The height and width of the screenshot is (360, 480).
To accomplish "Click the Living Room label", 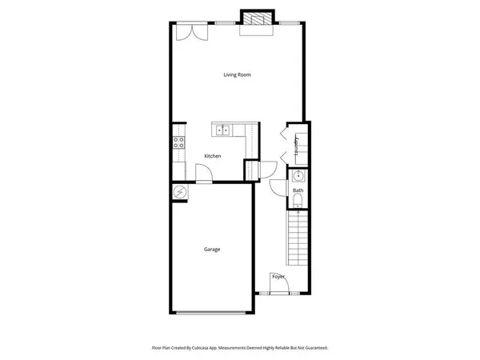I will click(237, 74).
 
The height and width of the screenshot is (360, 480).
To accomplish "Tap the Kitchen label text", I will click(212, 156).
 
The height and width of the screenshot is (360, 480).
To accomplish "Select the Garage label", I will click(211, 249).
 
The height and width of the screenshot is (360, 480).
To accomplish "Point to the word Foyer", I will click(278, 277).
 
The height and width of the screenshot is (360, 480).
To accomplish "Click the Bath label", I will click(298, 190).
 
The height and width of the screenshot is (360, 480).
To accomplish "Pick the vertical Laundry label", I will click(296, 146).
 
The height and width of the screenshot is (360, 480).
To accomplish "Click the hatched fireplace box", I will click(258, 20).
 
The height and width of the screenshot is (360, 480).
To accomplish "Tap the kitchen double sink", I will click(222, 128).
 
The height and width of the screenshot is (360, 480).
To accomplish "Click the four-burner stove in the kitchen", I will click(178, 143).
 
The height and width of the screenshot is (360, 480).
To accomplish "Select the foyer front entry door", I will click(278, 287).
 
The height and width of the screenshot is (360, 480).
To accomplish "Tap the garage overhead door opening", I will click(211, 312).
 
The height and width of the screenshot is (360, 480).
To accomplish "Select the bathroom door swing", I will click(277, 186).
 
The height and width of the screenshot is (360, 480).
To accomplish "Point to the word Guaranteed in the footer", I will click(314, 348).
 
